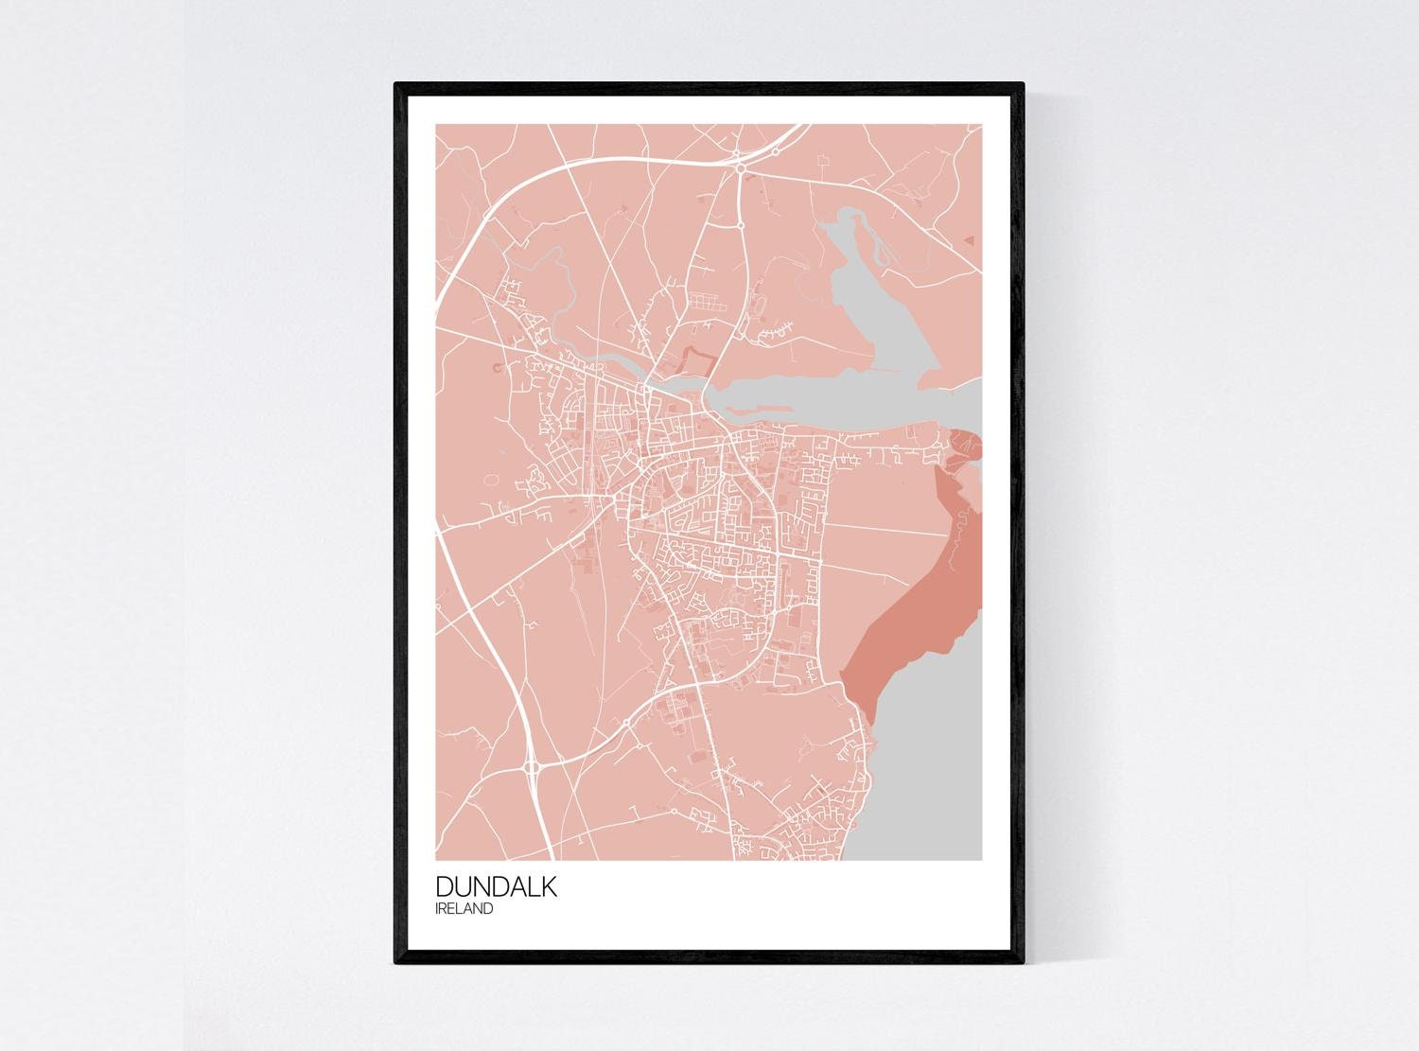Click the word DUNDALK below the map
(x=497, y=887)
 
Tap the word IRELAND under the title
(x=464, y=909)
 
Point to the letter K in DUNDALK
(x=548, y=887)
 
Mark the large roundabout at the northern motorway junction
(x=740, y=167)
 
